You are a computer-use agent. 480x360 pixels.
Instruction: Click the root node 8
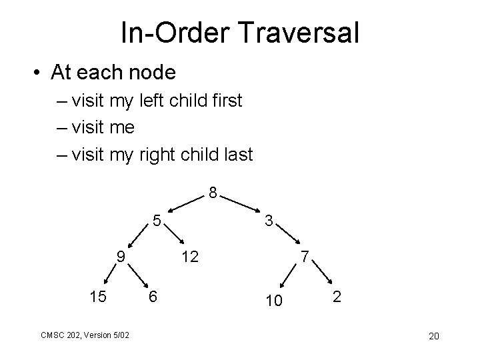[212, 194]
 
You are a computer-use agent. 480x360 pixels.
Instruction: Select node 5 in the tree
[155, 219]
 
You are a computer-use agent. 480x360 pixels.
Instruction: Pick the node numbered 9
[119, 256]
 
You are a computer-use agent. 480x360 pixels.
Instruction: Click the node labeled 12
[190, 256]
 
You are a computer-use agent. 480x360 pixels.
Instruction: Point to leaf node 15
[97, 297]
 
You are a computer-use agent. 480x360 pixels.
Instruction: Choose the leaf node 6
[153, 297]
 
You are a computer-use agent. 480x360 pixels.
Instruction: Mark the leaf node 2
[337, 297]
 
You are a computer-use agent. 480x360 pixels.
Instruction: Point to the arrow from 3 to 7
[287, 238]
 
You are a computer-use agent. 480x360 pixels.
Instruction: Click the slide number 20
[433, 335]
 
